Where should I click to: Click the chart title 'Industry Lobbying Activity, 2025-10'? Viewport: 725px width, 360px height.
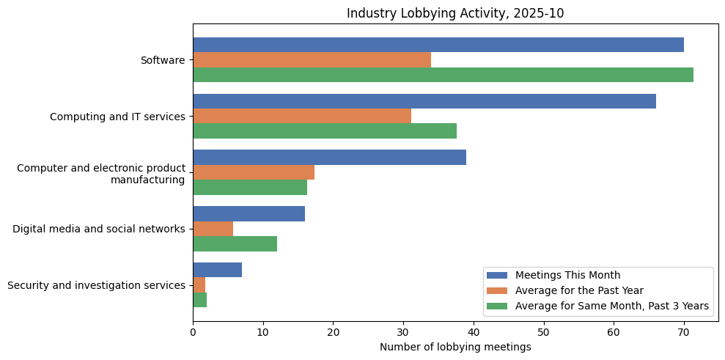click(x=455, y=13)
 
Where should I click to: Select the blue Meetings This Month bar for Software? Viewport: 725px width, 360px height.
click(x=438, y=45)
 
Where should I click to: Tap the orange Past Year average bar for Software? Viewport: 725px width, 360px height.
click(x=312, y=59)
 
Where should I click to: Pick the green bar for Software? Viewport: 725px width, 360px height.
click(x=443, y=75)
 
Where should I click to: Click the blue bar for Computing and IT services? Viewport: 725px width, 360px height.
click(x=424, y=101)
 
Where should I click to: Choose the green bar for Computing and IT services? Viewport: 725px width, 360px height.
click(x=324, y=131)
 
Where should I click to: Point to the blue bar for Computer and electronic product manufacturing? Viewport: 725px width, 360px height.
click(x=329, y=158)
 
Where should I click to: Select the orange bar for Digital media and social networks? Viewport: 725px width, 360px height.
click(x=213, y=229)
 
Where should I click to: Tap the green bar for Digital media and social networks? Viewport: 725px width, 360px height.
click(x=235, y=243)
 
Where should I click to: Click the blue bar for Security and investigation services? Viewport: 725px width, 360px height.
click(x=217, y=270)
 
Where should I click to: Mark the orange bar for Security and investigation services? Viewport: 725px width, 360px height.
click(x=199, y=285)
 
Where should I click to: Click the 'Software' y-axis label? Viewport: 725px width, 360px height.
click(x=163, y=60)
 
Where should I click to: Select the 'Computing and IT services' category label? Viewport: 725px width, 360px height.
click(x=117, y=117)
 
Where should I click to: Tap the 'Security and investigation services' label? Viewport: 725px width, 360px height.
click(x=96, y=285)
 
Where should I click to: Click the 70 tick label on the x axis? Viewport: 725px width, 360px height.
click(x=684, y=332)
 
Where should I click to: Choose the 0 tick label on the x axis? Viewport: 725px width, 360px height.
click(x=193, y=332)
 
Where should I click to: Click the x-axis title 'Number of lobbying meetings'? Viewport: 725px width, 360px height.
click(x=455, y=347)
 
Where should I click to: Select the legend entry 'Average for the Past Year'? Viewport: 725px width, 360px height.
click(x=579, y=290)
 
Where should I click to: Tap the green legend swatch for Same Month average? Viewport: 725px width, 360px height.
click(x=497, y=306)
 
